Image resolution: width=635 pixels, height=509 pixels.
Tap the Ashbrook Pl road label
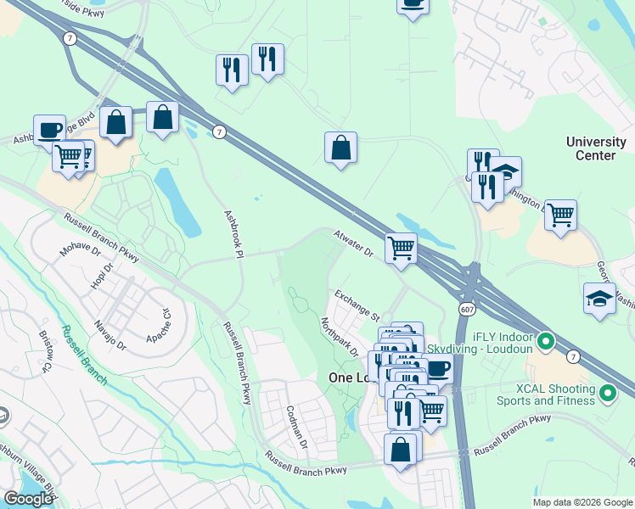pos(233,234)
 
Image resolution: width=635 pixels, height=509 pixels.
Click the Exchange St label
pos(357,306)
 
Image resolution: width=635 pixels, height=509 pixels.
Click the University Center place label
pos(596,148)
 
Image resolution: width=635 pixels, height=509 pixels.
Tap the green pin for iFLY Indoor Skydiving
pos(548,342)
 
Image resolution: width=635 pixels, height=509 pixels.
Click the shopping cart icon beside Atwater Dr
pos(401,249)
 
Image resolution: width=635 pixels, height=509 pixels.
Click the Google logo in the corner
pos(28,499)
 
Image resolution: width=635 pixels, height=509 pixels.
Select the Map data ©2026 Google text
pos(582,502)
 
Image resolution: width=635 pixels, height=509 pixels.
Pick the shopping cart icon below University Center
pos(560,215)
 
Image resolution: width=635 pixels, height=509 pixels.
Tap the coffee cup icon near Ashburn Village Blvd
pos(49,129)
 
